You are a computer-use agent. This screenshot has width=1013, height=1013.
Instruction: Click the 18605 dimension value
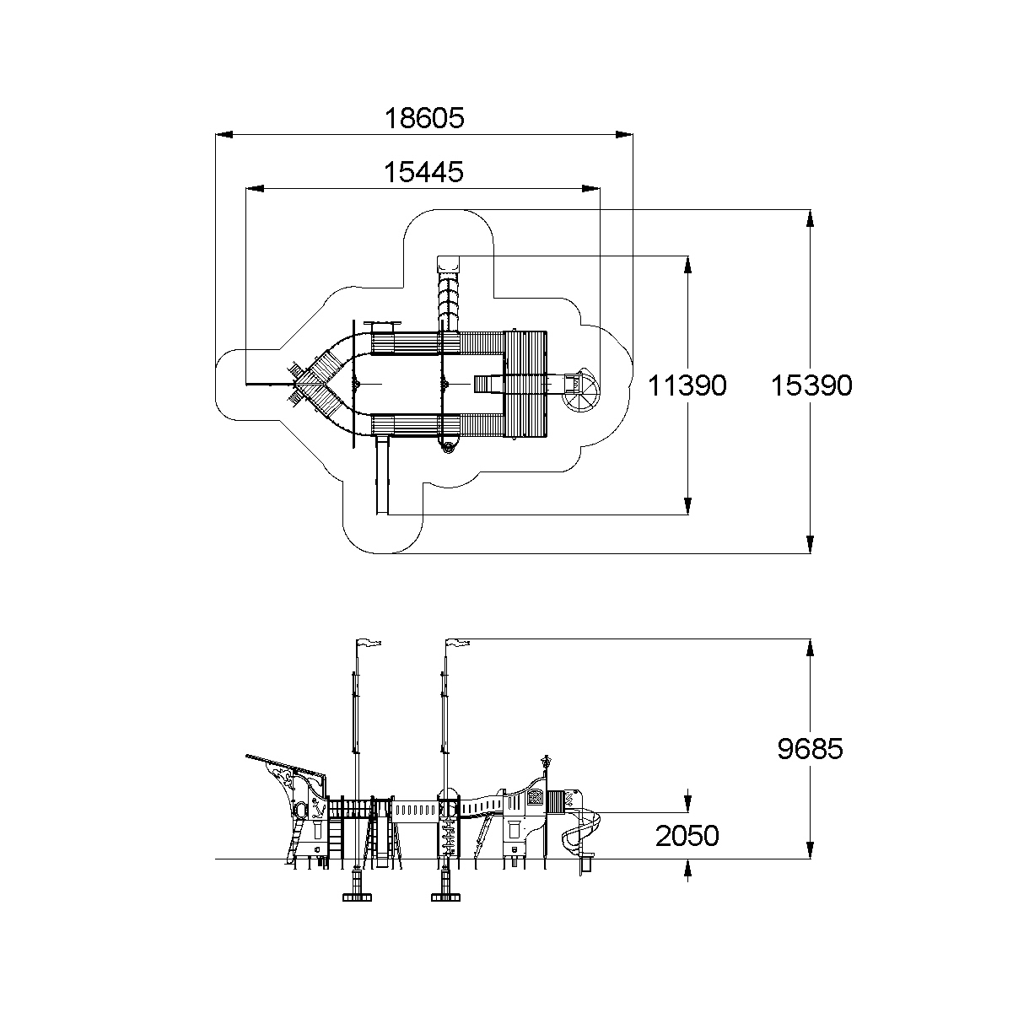click(x=424, y=117)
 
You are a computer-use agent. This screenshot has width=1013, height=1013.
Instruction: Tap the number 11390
click(x=687, y=385)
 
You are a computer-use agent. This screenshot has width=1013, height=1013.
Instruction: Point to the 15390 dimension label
click(x=811, y=385)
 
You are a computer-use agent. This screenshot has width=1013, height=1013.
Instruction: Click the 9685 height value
click(x=810, y=748)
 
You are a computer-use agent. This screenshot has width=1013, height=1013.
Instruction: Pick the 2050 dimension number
click(x=687, y=836)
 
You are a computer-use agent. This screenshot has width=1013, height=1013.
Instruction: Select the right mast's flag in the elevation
click(x=458, y=644)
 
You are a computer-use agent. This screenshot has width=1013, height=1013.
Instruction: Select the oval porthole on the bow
click(x=299, y=811)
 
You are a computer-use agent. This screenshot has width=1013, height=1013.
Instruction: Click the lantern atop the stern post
click(x=547, y=760)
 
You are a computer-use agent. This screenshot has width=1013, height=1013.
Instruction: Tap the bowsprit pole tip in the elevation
click(x=248, y=757)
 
